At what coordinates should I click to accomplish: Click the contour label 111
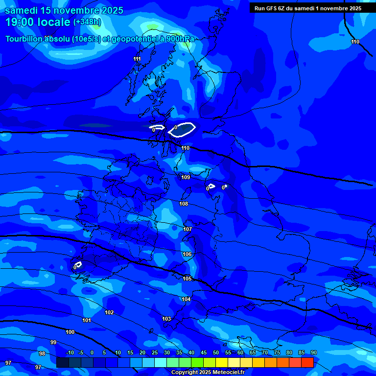[x=137, y=59]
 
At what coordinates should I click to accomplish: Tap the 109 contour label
[x=186, y=177]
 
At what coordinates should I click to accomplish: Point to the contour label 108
[x=184, y=204]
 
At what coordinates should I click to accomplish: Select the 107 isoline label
[x=188, y=229]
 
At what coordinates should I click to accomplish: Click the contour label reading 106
[x=187, y=254]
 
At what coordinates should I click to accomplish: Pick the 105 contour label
[x=187, y=279]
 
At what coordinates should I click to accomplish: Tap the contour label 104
[x=186, y=299]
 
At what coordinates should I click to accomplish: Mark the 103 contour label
[x=166, y=319]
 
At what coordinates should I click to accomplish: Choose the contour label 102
[x=109, y=312]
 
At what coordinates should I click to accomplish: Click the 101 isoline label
[x=87, y=320]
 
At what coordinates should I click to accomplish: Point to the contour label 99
[x=53, y=342]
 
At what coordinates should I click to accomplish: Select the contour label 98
[x=42, y=353]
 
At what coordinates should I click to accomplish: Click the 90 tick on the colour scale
[x=313, y=352]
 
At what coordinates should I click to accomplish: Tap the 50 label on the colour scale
[x=215, y=352]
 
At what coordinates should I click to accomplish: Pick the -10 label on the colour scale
[x=70, y=352]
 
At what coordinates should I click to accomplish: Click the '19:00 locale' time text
[x=38, y=22]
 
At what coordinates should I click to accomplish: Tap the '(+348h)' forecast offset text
[x=87, y=22]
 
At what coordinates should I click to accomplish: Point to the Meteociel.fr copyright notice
[x=208, y=372]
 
